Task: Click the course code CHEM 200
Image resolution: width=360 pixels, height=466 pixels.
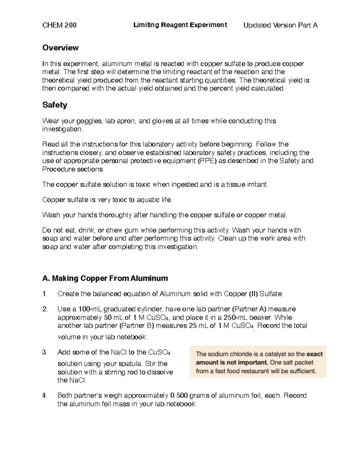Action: pos(59,25)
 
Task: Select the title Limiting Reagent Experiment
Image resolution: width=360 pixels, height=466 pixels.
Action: pos(180,25)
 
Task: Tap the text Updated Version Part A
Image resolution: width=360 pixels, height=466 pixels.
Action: pos(280,25)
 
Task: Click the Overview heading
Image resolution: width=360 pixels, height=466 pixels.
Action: pos(60,48)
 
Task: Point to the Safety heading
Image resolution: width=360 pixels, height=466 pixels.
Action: pos(55,105)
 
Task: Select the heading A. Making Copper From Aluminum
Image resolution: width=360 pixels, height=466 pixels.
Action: pos(105,278)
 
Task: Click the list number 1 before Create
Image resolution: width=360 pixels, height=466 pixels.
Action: pos(45,294)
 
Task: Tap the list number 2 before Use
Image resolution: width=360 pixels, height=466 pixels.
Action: pos(45,309)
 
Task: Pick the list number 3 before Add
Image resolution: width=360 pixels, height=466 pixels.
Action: pos(45,352)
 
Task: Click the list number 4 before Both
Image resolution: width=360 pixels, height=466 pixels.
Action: pos(45,395)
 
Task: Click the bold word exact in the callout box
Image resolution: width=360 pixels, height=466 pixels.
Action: pos(314,354)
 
